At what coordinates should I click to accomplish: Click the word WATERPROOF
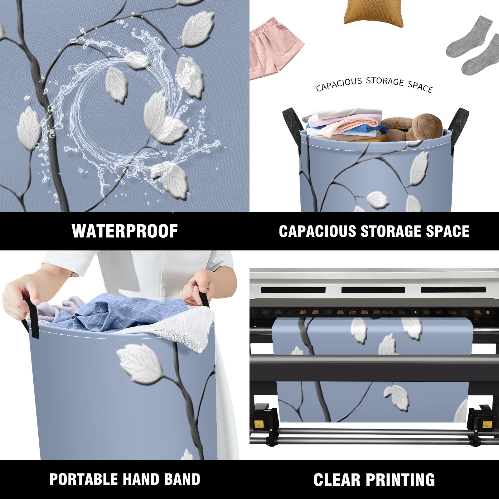[125, 231]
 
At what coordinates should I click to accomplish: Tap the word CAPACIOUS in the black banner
[317, 231]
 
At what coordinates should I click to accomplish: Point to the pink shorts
[276, 48]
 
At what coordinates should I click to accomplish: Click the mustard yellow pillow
[374, 13]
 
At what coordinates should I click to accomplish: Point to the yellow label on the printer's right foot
[487, 424]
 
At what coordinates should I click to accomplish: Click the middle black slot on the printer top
[373, 290]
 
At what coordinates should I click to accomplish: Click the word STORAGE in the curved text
[385, 81]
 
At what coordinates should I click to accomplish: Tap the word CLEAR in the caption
[337, 480]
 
